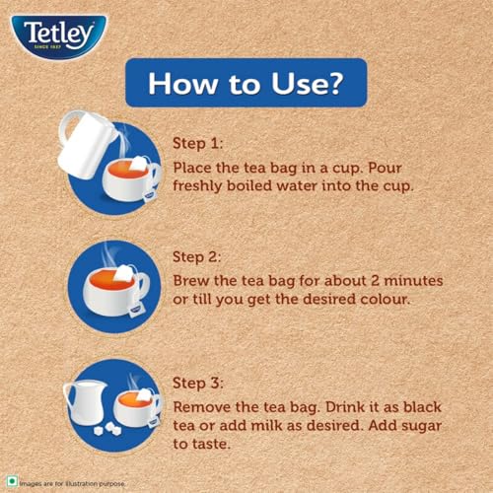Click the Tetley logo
[59, 36]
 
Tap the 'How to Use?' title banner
[246, 83]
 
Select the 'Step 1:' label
[198, 144]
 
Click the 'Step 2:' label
[197, 257]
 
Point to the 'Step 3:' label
[198, 384]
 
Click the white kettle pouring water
[86, 144]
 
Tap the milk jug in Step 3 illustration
[86, 402]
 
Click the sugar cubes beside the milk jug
[107, 429]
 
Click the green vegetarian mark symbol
[12, 481]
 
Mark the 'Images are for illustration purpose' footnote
[72, 484]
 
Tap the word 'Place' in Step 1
[192, 168]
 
